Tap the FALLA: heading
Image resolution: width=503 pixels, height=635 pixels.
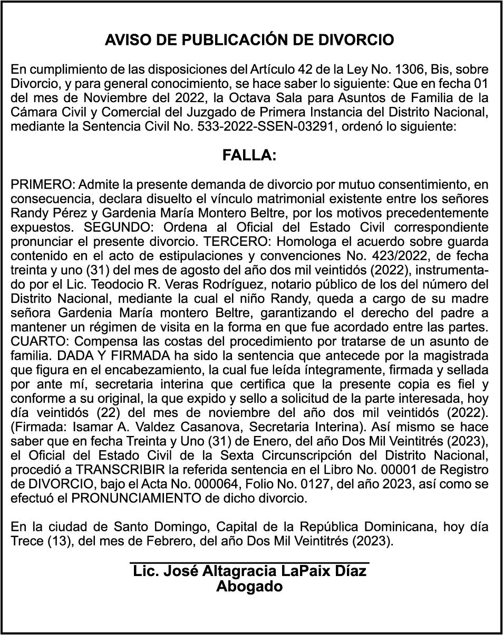[x=249, y=156]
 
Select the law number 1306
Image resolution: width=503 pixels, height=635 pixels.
[x=405, y=70]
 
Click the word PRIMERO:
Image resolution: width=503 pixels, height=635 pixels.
[x=43, y=185]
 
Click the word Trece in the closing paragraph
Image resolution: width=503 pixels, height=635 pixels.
[x=26, y=540]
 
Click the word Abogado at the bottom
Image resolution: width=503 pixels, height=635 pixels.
[x=249, y=587]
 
